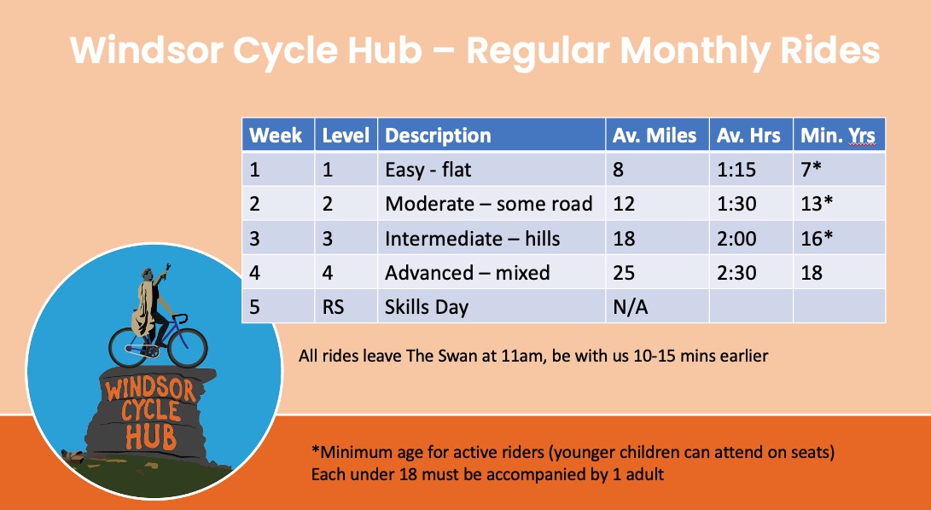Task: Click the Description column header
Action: click(x=492, y=135)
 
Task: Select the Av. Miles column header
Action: click(x=657, y=135)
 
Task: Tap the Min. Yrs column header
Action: click(x=839, y=135)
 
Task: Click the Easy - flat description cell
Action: click(x=492, y=169)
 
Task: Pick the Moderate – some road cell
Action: click(x=492, y=204)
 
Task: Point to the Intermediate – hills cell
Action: click(x=492, y=238)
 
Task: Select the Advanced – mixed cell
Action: click(x=492, y=273)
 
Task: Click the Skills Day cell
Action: click(x=492, y=306)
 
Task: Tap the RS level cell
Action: click(x=346, y=306)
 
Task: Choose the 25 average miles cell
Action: click(x=657, y=273)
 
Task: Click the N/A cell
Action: click(x=657, y=306)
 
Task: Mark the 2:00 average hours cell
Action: click(x=751, y=238)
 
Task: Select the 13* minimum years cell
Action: click(x=839, y=204)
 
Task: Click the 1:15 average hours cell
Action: click(x=751, y=169)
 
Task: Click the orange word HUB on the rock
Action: click(x=151, y=436)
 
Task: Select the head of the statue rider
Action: click(x=148, y=275)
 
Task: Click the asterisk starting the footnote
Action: click(x=315, y=450)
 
